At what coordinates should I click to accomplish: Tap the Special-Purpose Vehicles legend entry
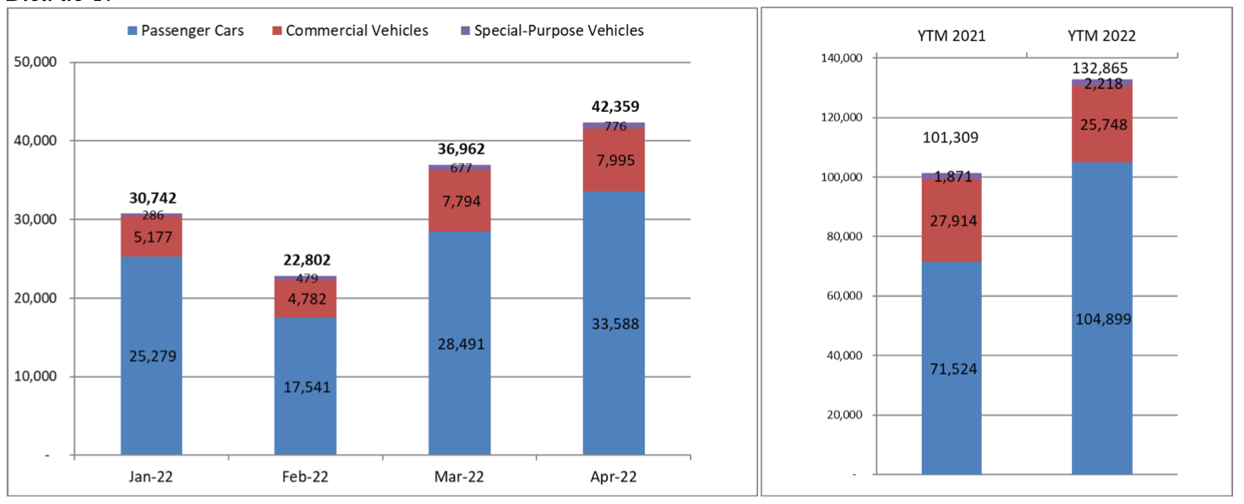(552, 31)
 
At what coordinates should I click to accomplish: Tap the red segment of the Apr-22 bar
(614, 160)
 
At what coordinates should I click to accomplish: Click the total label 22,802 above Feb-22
(306, 260)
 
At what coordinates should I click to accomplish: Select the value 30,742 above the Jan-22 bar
(153, 198)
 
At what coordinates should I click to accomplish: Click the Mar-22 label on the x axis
(459, 477)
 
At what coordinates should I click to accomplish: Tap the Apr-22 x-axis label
(614, 477)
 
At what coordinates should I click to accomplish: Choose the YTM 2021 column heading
(950, 36)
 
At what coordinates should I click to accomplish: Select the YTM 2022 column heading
(1101, 36)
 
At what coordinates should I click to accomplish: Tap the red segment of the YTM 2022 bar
(1102, 125)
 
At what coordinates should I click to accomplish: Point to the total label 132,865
(1101, 68)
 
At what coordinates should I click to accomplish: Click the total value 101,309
(951, 138)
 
